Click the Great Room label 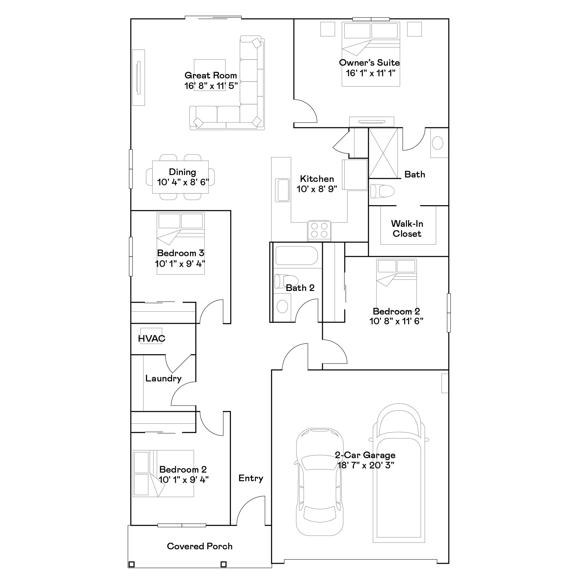click(x=211, y=75)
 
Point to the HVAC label click(x=151, y=338)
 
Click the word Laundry click(x=163, y=378)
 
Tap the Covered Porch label click(x=200, y=546)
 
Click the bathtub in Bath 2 click(x=297, y=255)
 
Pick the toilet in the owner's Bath click(x=382, y=191)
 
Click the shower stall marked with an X click(x=383, y=153)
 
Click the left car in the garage click(x=319, y=482)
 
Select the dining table click(x=180, y=177)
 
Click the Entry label click(x=251, y=478)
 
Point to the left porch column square click(x=131, y=564)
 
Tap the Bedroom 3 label click(x=180, y=253)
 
